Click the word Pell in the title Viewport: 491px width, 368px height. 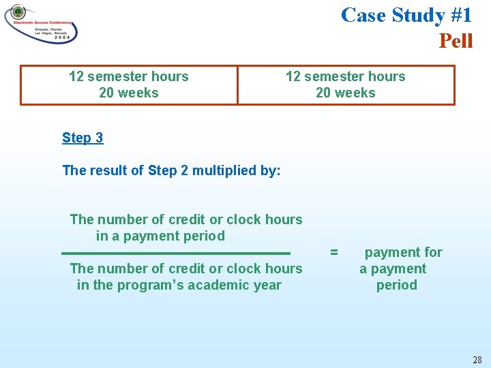pos(456,41)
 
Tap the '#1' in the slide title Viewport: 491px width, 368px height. pos(458,14)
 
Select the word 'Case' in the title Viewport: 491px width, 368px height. pos(363,14)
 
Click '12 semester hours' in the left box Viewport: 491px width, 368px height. pos(128,76)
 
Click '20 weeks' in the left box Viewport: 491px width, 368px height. pos(128,93)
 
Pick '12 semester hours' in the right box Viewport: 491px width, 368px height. pos(345,76)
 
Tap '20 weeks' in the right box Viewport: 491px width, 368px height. pos(345,93)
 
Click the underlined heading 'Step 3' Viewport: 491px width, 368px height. pos(83,138)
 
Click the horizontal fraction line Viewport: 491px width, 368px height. pos(176,253)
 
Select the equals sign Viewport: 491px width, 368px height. pos(334,252)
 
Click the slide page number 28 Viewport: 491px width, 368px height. pos(476,359)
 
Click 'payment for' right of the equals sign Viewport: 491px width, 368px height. pos(403,252)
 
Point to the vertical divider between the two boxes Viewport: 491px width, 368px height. pos(237,85)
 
